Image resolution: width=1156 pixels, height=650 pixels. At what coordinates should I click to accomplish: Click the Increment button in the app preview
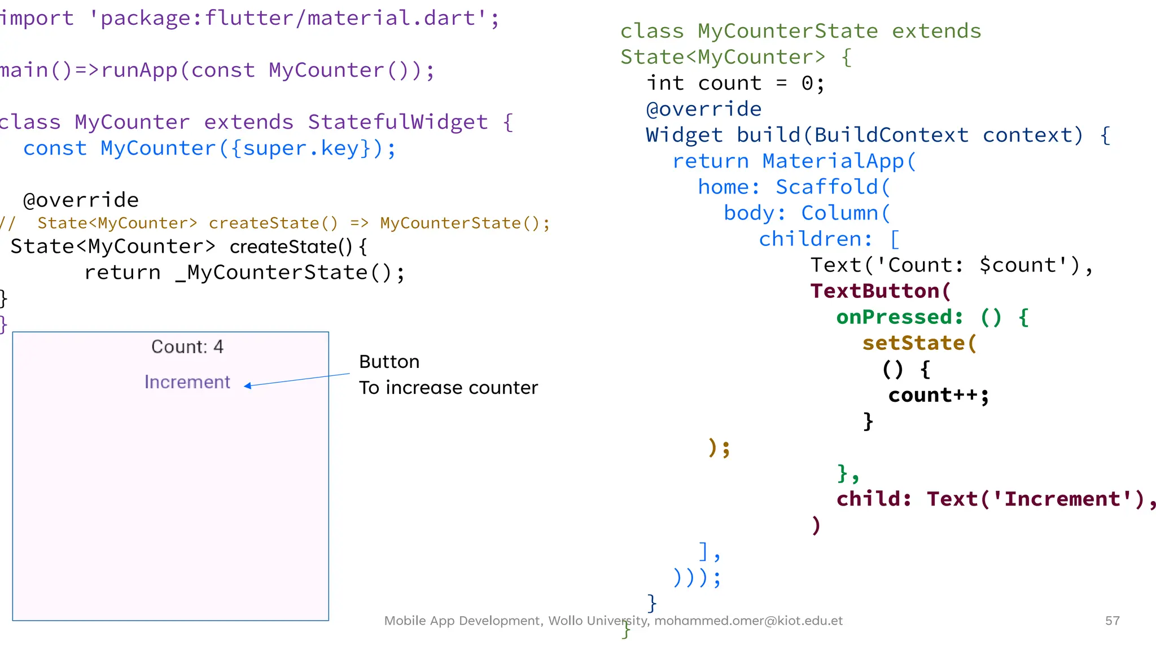pos(187,382)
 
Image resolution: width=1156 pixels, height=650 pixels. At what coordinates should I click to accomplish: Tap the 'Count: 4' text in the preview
pos(187,346)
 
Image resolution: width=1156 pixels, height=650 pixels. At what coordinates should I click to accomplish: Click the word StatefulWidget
pos(397,122)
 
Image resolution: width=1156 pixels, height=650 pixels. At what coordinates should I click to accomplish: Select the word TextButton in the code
pos(875,291)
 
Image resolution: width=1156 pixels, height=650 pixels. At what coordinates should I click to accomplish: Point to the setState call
pos(913,343)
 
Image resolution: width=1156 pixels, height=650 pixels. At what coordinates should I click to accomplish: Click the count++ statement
pos(938,395)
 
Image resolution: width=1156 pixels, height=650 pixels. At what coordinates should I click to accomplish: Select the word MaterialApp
pos(833,161)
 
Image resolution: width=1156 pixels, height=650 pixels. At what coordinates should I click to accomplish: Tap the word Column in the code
pos(839,213)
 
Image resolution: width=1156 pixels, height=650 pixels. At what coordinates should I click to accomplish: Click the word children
pos(810,239)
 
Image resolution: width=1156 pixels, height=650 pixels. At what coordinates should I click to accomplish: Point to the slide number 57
pos(1112,621)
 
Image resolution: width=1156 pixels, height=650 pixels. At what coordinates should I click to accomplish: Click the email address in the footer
pos(748,621)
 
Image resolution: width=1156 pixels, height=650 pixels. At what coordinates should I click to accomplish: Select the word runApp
pos(139,70)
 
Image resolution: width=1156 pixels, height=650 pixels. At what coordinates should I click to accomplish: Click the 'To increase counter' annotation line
pos(448,388)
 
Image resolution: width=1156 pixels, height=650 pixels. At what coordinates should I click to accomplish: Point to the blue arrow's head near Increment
pos(247,386)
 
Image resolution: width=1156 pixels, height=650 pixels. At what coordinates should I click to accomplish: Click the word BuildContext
pos(891,135)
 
